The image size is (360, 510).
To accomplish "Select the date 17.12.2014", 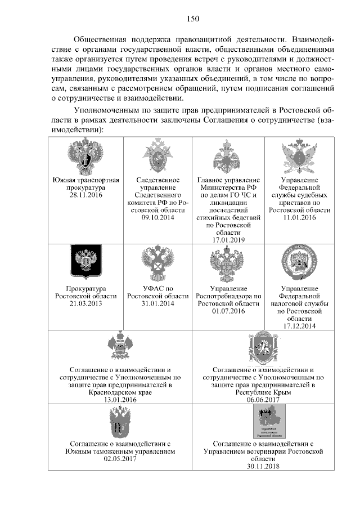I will pyautogui.click(x=300, y=325).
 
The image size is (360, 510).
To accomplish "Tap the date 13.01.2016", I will pyautogui.click(x=120, y=399).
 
